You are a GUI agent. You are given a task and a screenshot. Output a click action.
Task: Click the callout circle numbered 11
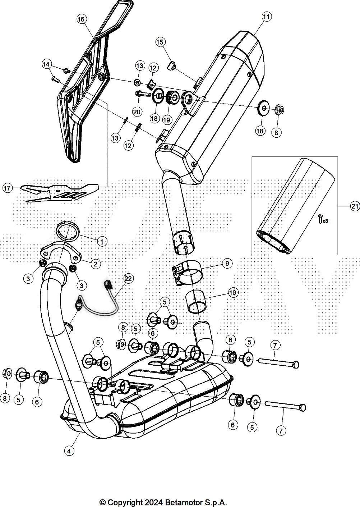[x=266, y=17]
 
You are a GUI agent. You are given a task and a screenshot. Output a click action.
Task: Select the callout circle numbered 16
[x=82, y=19]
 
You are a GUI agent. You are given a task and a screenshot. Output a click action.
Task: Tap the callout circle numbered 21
[x=355, y=206]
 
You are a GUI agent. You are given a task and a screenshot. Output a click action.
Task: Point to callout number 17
[x=8, y=187]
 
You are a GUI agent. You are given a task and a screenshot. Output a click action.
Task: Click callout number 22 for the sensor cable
[x=128, y=278]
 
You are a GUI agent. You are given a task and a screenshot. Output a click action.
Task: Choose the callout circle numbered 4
[x=69, y=450]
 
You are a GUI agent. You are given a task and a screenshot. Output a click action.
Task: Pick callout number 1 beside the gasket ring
[x=102, y=241]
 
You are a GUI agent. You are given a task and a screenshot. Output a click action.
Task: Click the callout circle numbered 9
[x=227, y=264]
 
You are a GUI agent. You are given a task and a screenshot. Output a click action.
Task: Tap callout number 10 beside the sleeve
[x=233, y=292]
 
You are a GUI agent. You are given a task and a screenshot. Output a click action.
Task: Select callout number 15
[x=160, y=42]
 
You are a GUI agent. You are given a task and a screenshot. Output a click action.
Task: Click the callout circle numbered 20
[x=137, y=111]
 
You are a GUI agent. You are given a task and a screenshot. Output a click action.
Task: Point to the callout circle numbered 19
[x=167, y=119]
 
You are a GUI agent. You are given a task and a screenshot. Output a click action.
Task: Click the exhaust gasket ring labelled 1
[x=68, y=230]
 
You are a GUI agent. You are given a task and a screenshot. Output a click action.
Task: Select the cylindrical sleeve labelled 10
[x=196, y=301]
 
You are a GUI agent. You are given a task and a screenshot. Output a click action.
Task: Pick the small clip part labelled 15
[x=172, y=66]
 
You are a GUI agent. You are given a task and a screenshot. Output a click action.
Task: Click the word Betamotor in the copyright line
[x=186, y=502]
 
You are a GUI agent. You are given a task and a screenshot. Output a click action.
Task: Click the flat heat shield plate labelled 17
[x=61, y=192]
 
